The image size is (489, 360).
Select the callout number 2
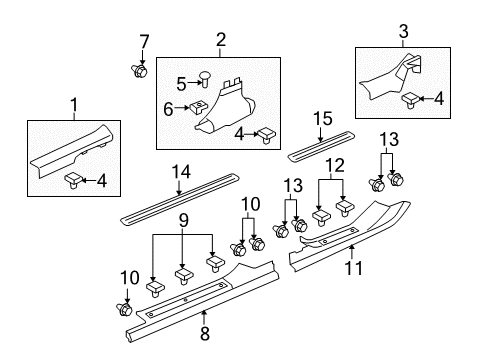(x=220, y=40)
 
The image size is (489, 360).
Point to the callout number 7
(x=143, y=42)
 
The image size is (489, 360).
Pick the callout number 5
(x=181, y=84)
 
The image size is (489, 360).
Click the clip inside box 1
(x=75, y=179)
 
